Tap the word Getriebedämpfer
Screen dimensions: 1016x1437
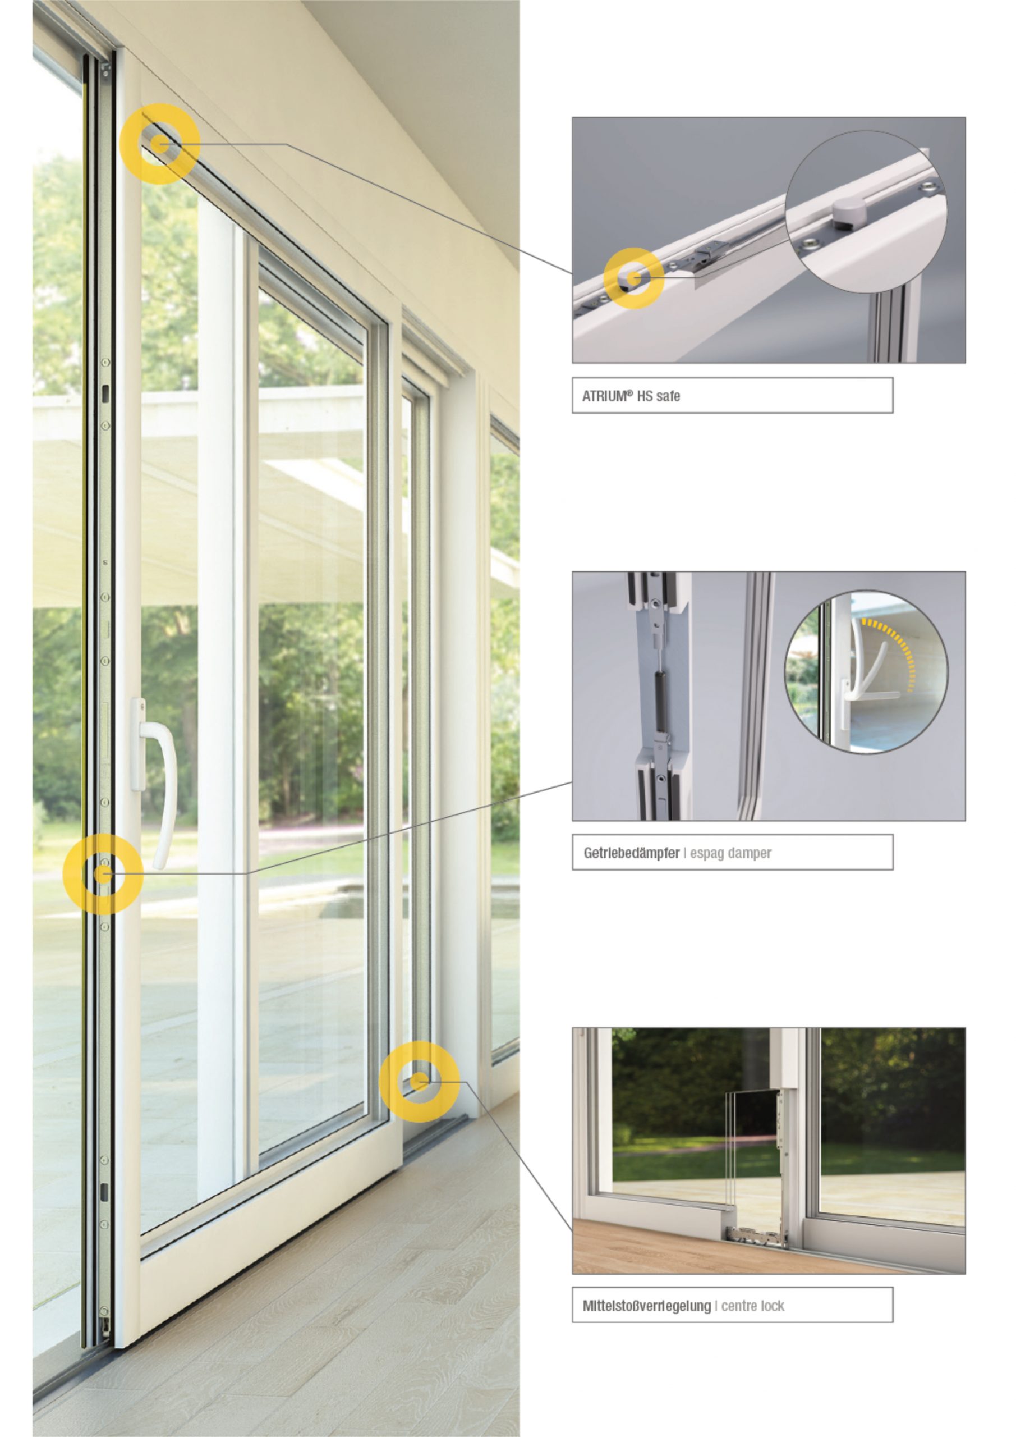coord(631,853)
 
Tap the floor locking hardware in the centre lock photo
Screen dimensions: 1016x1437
coord(756,1235)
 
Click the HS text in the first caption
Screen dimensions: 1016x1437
coord(645,396)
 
